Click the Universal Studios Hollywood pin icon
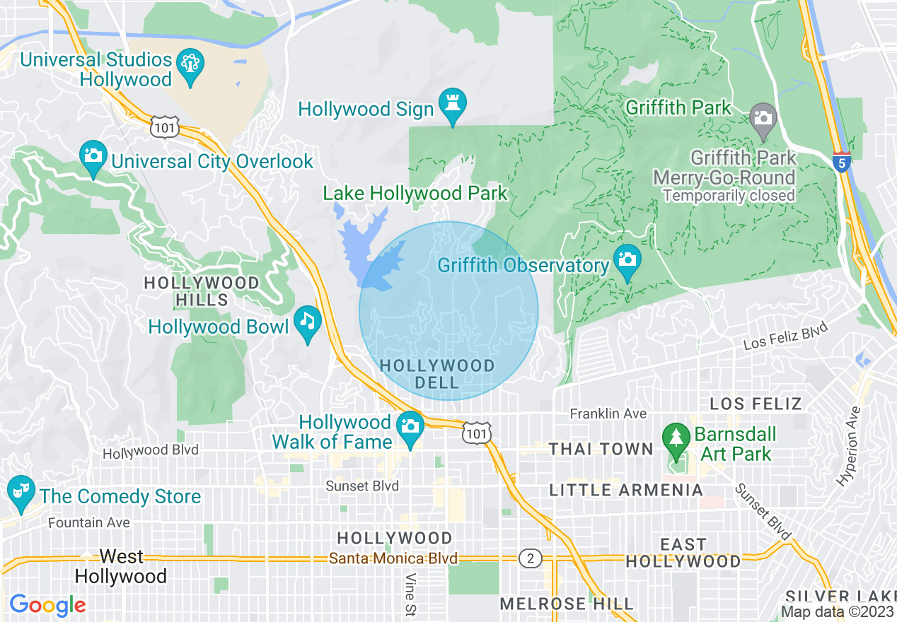click(x=191, y=66)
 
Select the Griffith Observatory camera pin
click(x=627, y=260)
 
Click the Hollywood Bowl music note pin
click(x=307, y=322)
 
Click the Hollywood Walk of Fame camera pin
click(x=410, y=427)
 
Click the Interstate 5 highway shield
click(x=841, y=162)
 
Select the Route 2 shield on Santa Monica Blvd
click(x=530, y=559)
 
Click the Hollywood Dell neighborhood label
click(x=437, y=374)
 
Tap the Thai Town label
click(x=601, y=449)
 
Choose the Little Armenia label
click(x=626, y=490)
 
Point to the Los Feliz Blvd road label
click(x=785, y=337)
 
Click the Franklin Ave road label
click(x=608, y=413)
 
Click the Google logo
click(x=47, y=605)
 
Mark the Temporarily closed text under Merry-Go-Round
click(x=729, y=195)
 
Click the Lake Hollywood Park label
click(x=415, y=193)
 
